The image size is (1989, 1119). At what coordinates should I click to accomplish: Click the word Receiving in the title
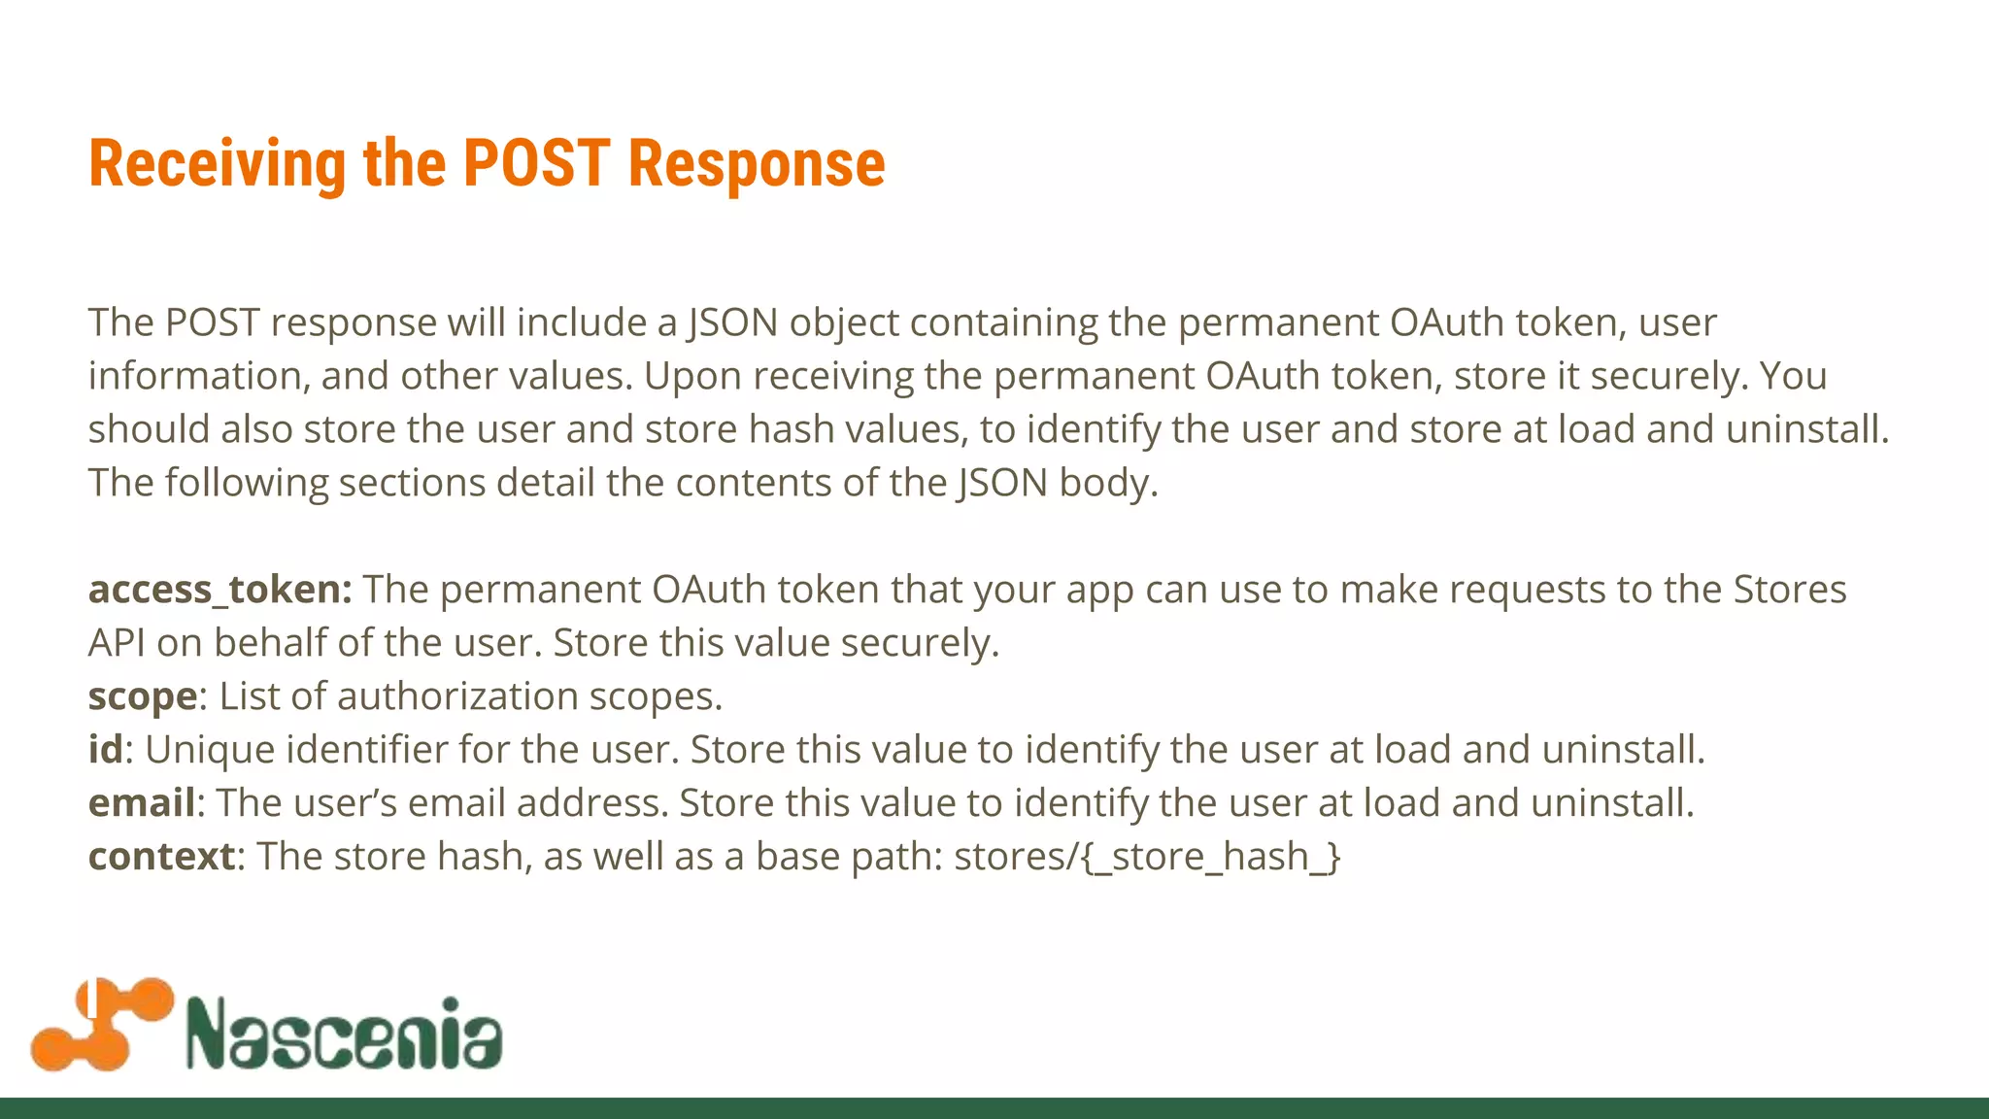tap(217, 164)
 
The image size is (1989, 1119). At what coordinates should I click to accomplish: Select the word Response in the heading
tap(757, 164)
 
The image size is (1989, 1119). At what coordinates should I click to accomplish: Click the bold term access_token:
tap(219, 590)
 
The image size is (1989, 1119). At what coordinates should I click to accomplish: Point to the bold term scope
tap(142, 697)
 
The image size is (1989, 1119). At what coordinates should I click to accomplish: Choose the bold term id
tap(106, 749)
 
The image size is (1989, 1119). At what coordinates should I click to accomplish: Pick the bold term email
tap(142, 802)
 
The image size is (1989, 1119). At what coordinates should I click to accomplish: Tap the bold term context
tap(161, 856)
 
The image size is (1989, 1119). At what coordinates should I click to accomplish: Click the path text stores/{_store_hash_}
tap(1147, 857)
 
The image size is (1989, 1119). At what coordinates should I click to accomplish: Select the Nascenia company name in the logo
tap(344, 1034)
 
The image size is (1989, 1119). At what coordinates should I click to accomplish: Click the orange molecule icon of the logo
tap(101, 1025)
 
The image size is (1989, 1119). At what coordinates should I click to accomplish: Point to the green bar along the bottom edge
tap(994, 1108)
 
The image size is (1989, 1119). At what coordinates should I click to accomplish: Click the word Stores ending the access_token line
tap(1790, 590)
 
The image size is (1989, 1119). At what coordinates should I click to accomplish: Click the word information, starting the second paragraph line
tap(199, 376)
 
